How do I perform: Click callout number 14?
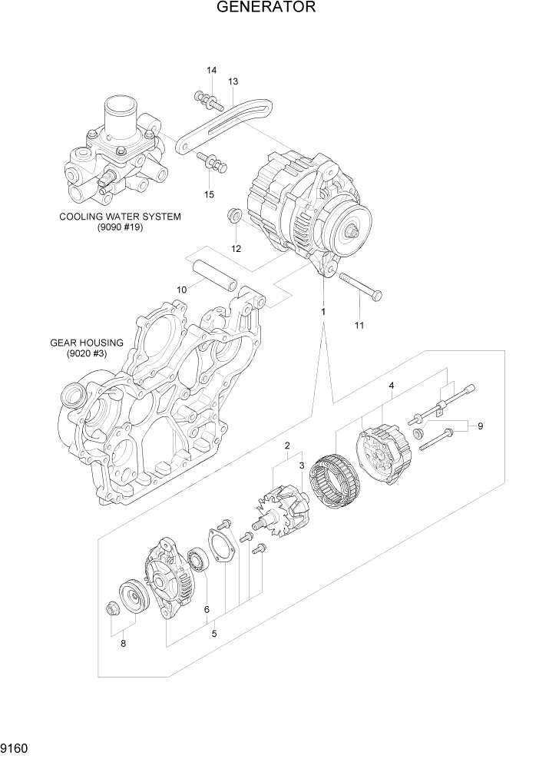(x=211, y=71)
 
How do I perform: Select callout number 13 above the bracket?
(x=233, y=81)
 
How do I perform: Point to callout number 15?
(x=209, y=194)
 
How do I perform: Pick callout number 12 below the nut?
(x=236, y=248)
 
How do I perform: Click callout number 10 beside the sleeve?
(x=182, y=290)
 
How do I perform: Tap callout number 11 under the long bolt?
(x=359, y=325)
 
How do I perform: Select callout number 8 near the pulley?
(x=123, y=644)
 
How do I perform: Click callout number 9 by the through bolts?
(x=480, y=426)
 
